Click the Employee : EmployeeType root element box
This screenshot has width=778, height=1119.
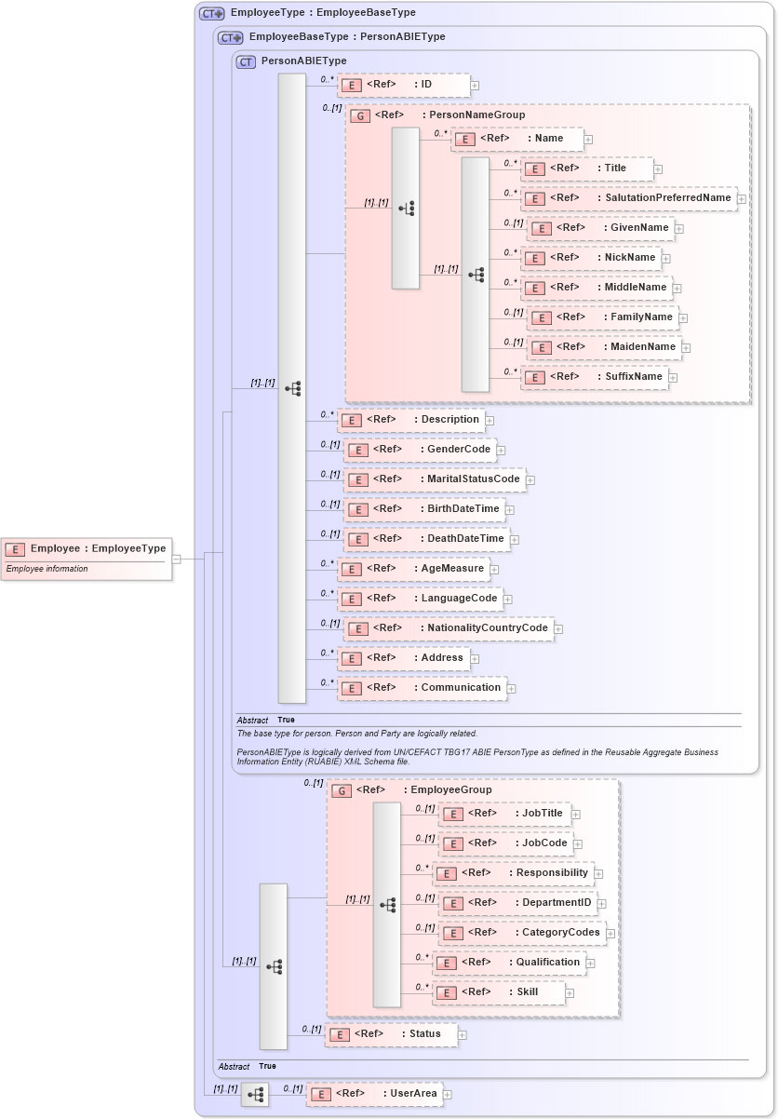coord(86,549)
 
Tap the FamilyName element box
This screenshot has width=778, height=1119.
coord(602,317)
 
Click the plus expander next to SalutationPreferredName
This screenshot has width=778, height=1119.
coord(742,198)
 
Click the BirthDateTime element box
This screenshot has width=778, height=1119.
coord(424,509)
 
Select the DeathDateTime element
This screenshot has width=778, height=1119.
coord(426,539)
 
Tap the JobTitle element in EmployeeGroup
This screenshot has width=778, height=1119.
coord(504,814)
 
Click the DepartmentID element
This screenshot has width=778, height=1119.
coord(517,903)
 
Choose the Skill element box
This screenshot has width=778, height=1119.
coord(499,992)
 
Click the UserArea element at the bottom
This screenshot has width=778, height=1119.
coord(374,1094)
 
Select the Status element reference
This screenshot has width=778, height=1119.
coord(390,1034)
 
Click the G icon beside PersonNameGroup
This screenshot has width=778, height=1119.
coord(360,115)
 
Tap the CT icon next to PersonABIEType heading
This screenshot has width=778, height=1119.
coord(246,62)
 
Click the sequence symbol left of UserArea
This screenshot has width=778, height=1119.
coord(255,1095)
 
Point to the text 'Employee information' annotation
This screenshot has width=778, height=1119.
coord(47,569)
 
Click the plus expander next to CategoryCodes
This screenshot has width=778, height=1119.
coord(610,934)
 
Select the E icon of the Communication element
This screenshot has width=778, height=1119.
coord(351,688)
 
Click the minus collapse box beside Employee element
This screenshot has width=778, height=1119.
coord(176,559)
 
